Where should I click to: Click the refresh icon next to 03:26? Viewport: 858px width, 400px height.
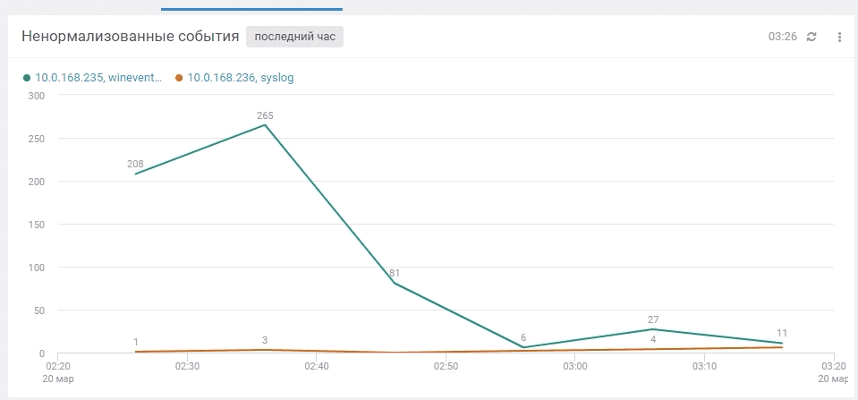[x=811, y=37]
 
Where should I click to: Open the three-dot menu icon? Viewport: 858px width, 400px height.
[x=839, y=37]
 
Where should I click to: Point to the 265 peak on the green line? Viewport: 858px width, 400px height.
[x=265, y=125]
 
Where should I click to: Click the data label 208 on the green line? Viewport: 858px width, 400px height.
[x=135, y=164]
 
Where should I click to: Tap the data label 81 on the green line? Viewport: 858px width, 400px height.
[x=395, y=273]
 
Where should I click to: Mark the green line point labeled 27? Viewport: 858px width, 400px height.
[x=653, y=329]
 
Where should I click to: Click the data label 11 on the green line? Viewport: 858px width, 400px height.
[x=782, y=333]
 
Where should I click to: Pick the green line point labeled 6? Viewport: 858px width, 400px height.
[x=523, y=347]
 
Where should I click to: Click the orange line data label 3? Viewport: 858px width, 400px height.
[x=265, y=340]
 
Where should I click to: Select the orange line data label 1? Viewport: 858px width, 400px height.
[x=136, y=342]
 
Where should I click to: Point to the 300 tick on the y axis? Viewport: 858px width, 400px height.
[x=36, y=96]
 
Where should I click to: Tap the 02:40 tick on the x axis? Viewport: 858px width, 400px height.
[x=317, y=366]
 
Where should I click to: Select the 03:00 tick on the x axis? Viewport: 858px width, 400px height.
[x=575, y=366]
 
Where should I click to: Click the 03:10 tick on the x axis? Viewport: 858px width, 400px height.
[x=705, y=366]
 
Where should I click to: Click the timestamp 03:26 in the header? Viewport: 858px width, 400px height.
[x=782, y=37]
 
